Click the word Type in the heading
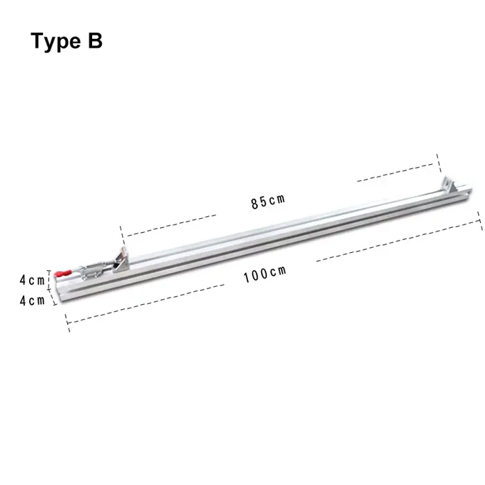pos(55,42)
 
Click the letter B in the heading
pos(95,40)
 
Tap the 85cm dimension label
pos(267,202)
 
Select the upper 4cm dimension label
pos(32,280)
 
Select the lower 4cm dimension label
pos(32,300)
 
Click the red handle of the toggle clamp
pos(63,274)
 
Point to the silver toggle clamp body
pos(93,270)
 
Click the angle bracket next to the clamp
pos(121,259)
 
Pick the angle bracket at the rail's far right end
pos(449,185)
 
